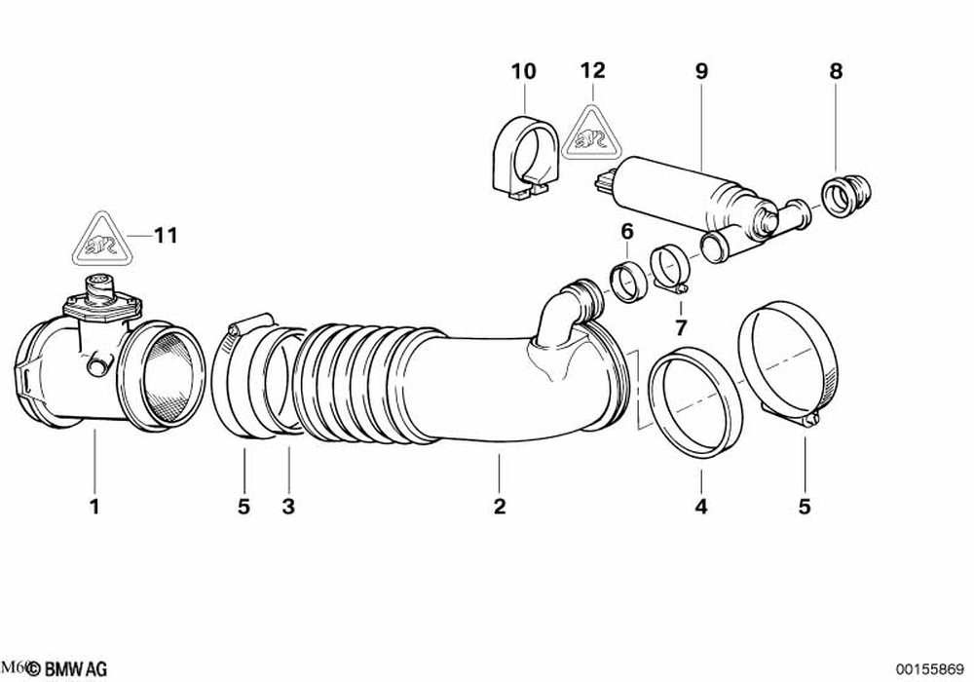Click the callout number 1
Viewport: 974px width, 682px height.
(x=94, y=507)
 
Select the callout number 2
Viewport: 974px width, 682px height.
(x=499, y=507)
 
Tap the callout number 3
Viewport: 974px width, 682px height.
(x=288, y=507)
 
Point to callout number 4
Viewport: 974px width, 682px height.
(x=701, y=507)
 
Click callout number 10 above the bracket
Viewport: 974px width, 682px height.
(x=523, y=71)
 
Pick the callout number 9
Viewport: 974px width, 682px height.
(x=701, y=71)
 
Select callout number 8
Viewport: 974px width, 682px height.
(x=836, y=71)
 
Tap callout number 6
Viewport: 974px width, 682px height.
(x=627, y=231)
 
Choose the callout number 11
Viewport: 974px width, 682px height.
(x=167, y=235)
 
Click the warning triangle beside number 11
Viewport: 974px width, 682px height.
(x=101, y=239)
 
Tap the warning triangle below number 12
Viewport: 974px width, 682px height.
(x=593, y=133)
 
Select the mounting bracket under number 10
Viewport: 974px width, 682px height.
(x=527, y=159)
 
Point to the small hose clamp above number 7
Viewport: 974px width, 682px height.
(x=670, y=268)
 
